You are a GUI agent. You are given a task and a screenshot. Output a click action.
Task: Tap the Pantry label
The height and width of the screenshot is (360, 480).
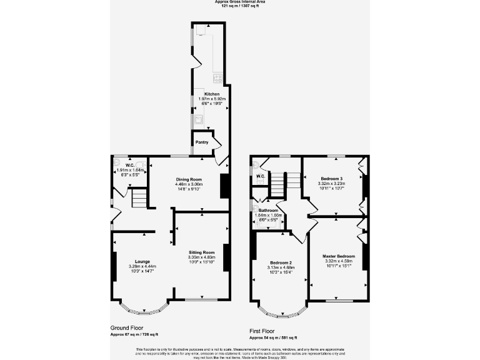tap(202, 142)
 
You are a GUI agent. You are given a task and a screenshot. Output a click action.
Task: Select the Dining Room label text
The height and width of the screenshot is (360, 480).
tap(188, 179)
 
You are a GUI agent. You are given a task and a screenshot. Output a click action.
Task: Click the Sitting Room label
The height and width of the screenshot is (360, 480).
tap(201, 252)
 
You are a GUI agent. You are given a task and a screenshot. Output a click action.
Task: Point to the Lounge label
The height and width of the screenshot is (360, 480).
tap(142, 261)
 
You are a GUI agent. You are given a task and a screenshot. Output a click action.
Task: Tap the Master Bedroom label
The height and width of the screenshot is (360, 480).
tap(338, 256)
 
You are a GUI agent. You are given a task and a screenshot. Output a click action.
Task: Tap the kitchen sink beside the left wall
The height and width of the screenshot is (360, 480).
tap(197, 119)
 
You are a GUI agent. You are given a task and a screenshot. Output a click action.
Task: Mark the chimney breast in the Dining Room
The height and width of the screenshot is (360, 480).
tap(224, 186)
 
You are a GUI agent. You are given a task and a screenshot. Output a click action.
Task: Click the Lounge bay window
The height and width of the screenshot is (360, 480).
tap(144, 307)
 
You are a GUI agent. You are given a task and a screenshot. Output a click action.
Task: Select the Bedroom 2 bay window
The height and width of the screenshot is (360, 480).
tap(282, 311)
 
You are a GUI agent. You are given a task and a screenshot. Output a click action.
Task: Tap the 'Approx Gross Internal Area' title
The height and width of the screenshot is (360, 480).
tap(239, 2)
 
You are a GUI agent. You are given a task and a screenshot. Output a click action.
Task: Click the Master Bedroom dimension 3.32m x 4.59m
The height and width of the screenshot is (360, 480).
tap(338, 261)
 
